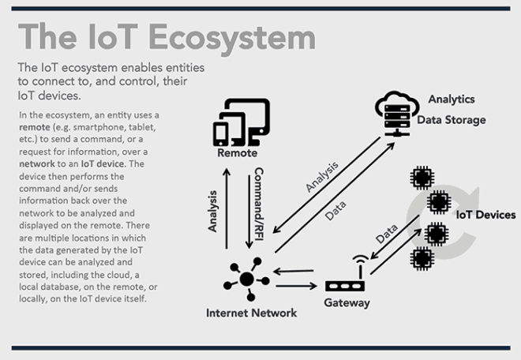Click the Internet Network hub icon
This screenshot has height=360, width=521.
point(246,278)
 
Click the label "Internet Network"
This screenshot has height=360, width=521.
point(251,313)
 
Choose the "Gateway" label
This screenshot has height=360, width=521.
point(347,302)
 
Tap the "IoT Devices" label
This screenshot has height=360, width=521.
point(485,215)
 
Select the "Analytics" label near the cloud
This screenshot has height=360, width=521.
point(451,99)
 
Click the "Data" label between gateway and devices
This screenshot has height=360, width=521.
point(386,234)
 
